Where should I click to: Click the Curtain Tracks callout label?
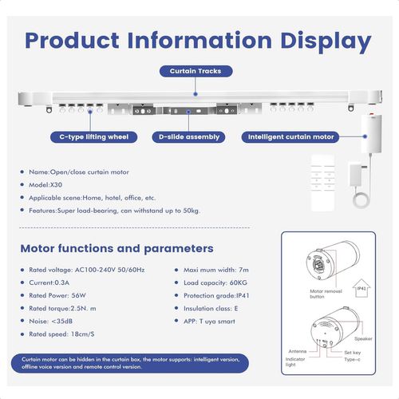click(x=196, y=71)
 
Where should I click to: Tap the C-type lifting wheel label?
click(x=94, y=137)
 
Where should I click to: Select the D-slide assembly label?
click(x=189, y=137)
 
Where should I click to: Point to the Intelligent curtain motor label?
click(x=290, y=137)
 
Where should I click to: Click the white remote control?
click(x=323, y=183)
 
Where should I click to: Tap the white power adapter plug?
click(x=357, y=175)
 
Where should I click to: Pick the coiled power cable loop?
click(x=361, y=199)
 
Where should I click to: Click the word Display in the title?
click(x=326, y=41)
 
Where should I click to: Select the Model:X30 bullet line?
click(x=45, y=185)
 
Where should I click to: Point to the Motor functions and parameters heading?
click(x=117, y=248)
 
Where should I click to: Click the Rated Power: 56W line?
click(x=57, y=295)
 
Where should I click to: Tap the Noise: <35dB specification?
click(x=51, y=322)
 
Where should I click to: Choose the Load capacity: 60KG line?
click(x=215, y=282)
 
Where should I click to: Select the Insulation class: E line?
click(x=211, y=309)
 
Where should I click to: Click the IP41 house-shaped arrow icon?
click(x=361, y=288)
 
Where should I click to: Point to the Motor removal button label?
click(x=326, y=294)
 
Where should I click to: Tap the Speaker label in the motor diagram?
click(x=363, y=339)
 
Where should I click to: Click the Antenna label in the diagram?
click(x=298, y=351)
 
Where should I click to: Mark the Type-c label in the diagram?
click(x=352, y=360)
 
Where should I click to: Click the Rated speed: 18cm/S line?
click(x=61, y=334)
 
